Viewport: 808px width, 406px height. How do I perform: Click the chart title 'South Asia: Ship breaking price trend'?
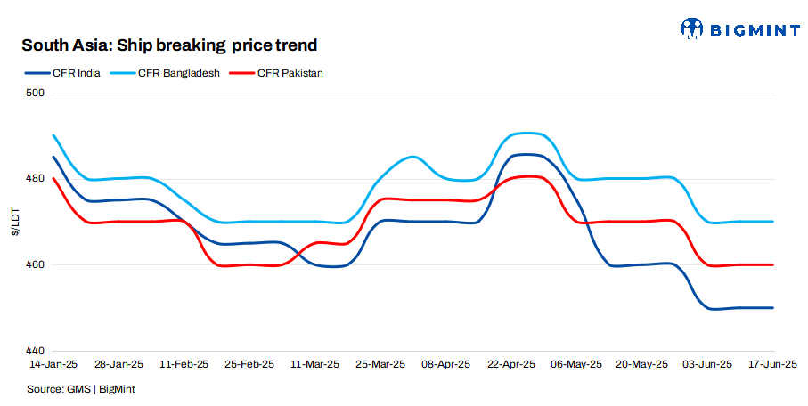[169, 45]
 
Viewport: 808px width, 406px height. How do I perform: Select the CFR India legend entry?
[68, 73]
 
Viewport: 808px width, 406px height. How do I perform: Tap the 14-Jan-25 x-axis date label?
[53, 365]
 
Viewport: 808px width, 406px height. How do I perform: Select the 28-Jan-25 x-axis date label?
[118, 365]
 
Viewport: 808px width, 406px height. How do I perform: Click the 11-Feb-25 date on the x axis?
[184, 365]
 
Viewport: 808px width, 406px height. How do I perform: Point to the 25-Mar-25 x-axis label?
[380, 365]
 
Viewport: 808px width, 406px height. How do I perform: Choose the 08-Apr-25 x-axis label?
[445, 365]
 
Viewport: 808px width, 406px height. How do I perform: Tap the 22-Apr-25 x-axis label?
[511, 365]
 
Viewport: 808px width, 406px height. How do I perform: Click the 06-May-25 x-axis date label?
[576, 365]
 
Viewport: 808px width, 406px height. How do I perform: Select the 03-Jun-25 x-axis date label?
[707, 365]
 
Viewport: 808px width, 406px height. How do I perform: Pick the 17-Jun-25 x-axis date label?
[771, 365]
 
